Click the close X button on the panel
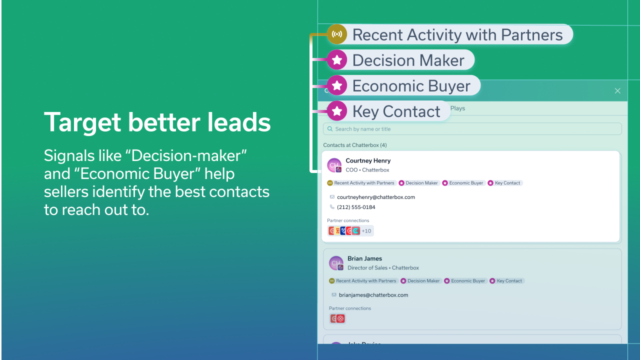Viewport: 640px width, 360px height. (617, 90)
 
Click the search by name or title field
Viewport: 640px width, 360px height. (472, 129)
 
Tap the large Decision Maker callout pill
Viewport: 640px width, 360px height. (400, 60)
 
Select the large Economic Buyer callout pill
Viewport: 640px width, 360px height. (403, 86)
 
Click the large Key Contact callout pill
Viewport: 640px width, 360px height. (388, 111)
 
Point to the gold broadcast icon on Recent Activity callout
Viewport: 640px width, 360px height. (337, 34)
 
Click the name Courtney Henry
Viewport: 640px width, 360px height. (368, 160)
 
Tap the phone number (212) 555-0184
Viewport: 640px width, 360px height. (356, 207)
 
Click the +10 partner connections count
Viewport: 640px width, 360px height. (366, 231)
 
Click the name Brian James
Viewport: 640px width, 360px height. (364, 258)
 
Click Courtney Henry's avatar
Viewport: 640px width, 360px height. (334, 165)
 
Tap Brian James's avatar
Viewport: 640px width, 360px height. (336, 263)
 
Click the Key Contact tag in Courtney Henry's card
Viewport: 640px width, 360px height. (505, 183)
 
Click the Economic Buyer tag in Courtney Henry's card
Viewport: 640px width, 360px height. (463, 183)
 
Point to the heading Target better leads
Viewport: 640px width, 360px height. (157, 122)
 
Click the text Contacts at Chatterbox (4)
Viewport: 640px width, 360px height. (355, 145)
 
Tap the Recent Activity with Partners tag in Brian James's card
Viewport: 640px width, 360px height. (363, 281)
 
